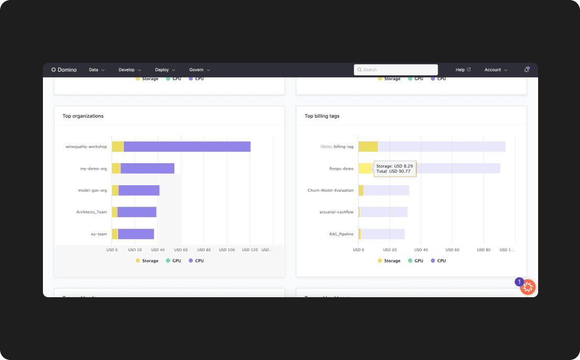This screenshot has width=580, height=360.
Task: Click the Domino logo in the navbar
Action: tap(64, 70)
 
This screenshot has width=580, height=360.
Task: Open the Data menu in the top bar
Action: tap(96, 70)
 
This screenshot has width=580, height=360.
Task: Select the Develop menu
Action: tap(129, 70)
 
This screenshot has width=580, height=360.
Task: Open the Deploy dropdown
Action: tap(165, 70)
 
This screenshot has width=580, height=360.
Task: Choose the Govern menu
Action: tap(199, 70)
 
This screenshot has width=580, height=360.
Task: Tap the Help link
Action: tap(463, 70)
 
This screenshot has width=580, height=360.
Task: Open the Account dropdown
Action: tap(495, 70)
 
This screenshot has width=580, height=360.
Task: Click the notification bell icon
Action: tap(527, 70)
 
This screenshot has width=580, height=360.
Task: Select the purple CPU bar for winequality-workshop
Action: tap(187, 147)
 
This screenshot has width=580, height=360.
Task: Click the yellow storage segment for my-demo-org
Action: tap(116, 168)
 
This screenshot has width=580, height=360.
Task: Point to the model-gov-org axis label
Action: tap(92, 190)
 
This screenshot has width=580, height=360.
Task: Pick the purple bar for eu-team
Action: tap(136, 234)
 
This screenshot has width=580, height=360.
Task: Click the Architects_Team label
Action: tap(92, 212)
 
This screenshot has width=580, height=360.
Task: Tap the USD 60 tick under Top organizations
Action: tap(181, 250)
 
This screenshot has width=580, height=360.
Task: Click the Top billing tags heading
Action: tap(322, 116)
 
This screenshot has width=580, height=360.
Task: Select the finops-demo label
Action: tap(341, 168)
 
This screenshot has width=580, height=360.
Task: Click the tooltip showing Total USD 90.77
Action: tap(395, 168)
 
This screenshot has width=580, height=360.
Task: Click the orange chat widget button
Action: tap(528, 287)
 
